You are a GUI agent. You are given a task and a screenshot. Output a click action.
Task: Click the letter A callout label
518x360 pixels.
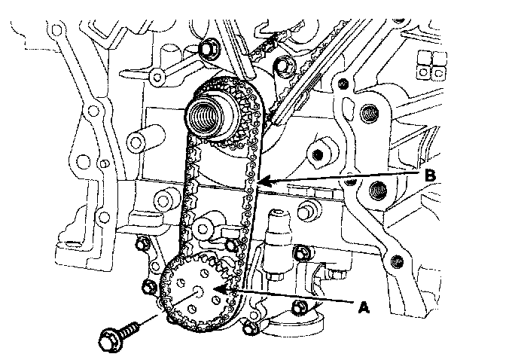click(364, 307)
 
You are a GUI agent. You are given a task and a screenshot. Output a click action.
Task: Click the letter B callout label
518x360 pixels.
click(430, 175)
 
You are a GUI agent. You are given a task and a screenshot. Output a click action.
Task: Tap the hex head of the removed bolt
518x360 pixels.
click(111, 340)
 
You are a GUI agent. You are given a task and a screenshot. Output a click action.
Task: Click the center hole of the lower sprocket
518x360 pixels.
click(199, 290)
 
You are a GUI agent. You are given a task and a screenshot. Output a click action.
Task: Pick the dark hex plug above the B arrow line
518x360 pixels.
click(318, 154)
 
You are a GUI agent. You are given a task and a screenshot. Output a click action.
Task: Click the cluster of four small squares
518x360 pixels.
click(431, 64)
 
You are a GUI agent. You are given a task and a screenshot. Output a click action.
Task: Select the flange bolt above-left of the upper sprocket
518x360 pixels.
click(207, 49)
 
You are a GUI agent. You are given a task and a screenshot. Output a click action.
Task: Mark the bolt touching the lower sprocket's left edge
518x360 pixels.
click(148, 286)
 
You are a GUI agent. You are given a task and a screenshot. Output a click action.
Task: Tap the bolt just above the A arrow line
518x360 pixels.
click(300, 253)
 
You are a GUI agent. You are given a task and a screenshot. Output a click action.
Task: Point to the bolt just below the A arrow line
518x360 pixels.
click(299, 307)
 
